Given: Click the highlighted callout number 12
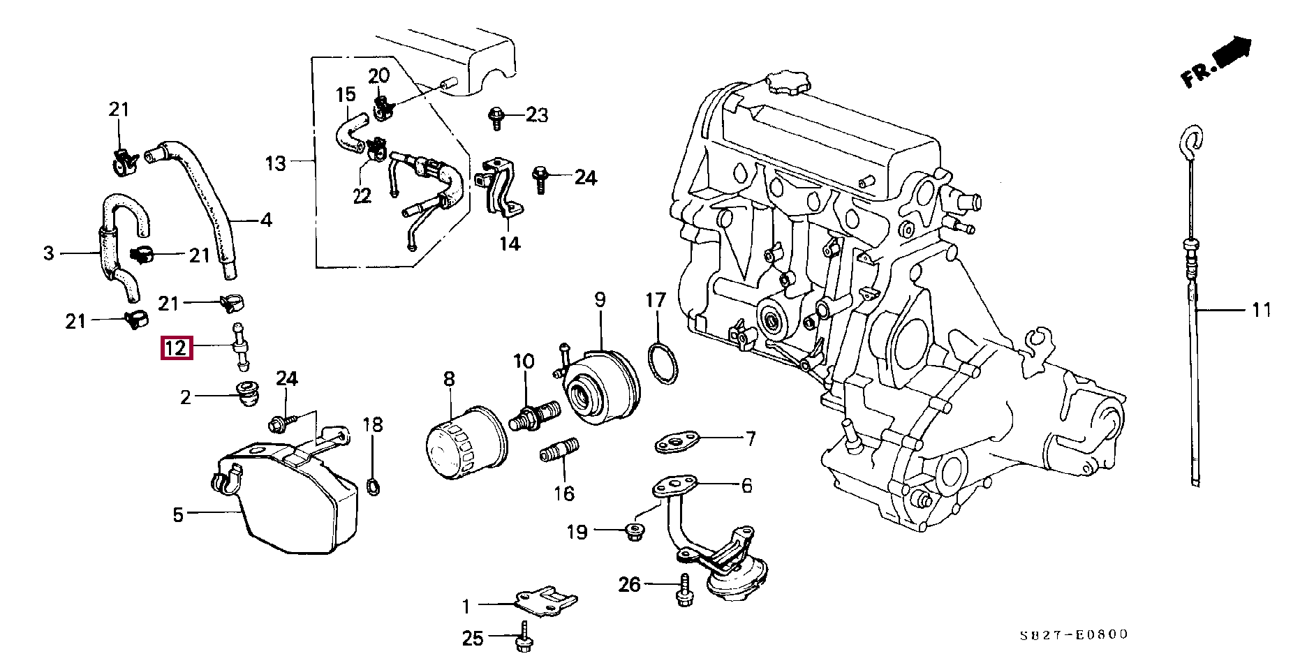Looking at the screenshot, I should pyautogui.click(x=175, y=347).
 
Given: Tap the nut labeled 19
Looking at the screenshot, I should pyautogui.click(x=634, y=532).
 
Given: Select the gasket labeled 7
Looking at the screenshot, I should pyautogui.click(x=675, y=441).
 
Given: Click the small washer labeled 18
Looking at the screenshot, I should pyautogui.click(x=374, y=485).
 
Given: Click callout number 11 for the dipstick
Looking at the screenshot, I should pyautogui.click(x=1261, y=309).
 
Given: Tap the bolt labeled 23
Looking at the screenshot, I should pyautogui.click(x=496, y=116).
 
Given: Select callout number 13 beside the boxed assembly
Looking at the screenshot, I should pyautogui.click(x=276, y=164).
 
